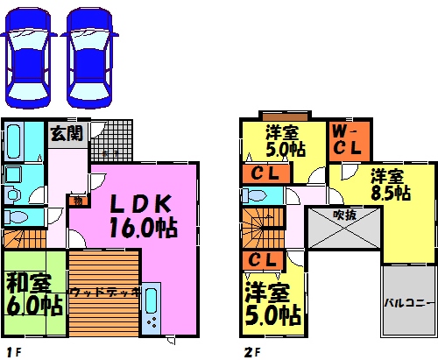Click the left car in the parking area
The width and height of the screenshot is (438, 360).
click(29, 58)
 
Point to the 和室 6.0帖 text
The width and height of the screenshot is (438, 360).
click(34, 295)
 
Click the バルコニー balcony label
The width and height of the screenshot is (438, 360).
click(408, 303)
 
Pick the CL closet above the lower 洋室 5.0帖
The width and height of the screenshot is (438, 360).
click(262, 260)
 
